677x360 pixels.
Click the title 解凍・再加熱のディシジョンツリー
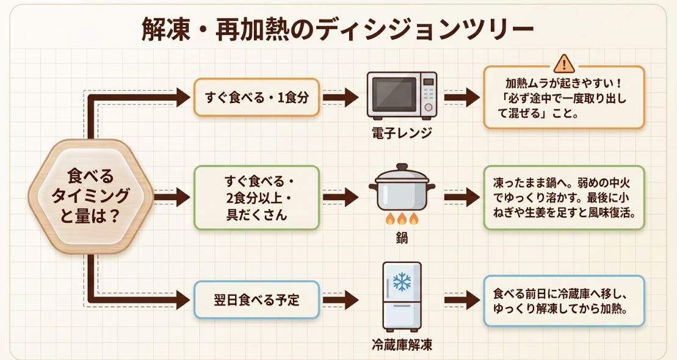[338, 29]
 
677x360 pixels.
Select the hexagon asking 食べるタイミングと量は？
[91, 197]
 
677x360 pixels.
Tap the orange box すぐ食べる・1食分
[256, 97]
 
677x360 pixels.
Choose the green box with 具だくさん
[256, 198]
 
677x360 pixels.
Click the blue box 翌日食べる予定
[256, 300]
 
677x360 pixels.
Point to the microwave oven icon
[401, 95]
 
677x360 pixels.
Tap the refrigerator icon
[401, 296]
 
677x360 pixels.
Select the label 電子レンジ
[401, 132]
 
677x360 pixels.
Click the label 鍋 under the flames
[401, 238]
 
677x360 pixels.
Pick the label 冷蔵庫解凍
[401, 345]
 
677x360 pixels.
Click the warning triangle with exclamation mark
[563, 63]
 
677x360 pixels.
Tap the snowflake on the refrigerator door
[401, 282]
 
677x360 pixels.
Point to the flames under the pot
[401, 218]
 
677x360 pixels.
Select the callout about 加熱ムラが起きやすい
[563, 98]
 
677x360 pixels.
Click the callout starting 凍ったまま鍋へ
[563, 198]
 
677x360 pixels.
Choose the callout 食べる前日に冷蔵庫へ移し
[563, 300]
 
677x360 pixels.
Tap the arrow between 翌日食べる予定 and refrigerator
[341, 300]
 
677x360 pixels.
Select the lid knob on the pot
[401, 167]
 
